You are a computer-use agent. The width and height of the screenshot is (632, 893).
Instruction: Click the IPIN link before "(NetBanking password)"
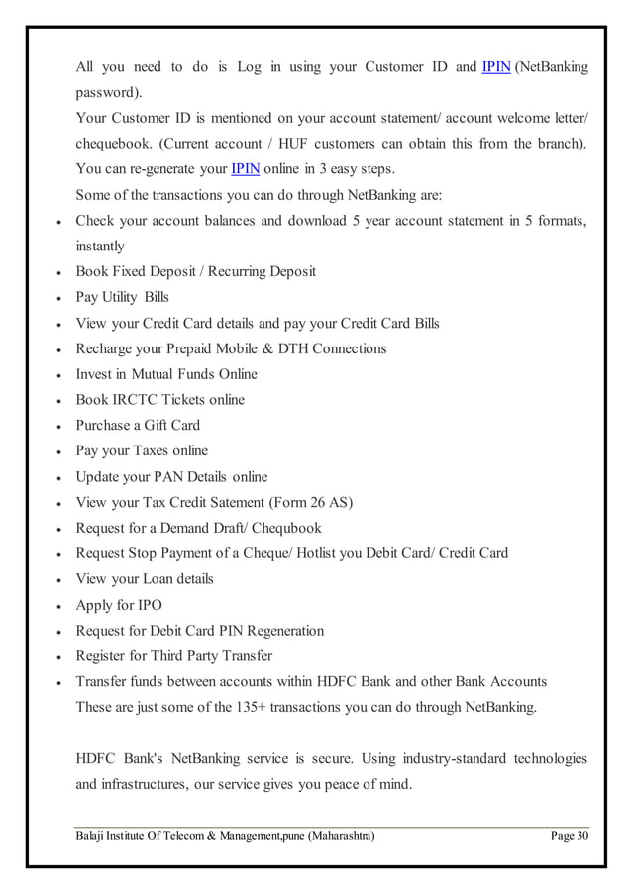(x=494, y=67)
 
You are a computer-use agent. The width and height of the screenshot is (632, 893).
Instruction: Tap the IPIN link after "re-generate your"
(x=245, y=169)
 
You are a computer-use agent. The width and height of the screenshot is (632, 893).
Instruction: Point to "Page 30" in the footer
(x=570, y=838)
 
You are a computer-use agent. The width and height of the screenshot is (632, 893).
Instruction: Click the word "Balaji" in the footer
(x=93, y=838)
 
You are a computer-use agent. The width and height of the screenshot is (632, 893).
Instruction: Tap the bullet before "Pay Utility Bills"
(x=61, y=298)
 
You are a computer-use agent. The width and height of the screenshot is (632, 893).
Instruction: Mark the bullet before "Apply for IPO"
(x=61, y=605)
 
